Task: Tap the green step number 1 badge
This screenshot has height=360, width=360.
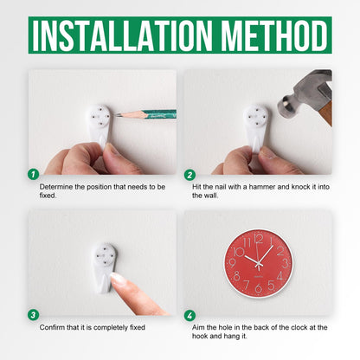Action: (34, 174)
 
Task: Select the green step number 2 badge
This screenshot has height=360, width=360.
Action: (190, 175)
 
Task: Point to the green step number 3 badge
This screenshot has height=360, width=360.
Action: (34, 315)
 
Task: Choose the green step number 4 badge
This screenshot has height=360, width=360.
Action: (190, 315)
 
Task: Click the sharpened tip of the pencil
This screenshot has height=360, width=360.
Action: (114, 114)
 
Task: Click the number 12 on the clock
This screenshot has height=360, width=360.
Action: (259, 239)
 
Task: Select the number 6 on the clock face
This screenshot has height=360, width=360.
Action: (259, 288)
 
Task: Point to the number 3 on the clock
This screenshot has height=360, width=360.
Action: (285, 263)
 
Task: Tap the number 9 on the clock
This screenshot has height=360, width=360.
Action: (232, 263)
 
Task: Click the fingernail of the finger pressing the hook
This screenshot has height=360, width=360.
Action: (118, 279)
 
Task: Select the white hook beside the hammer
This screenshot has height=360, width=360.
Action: (255, 127)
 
